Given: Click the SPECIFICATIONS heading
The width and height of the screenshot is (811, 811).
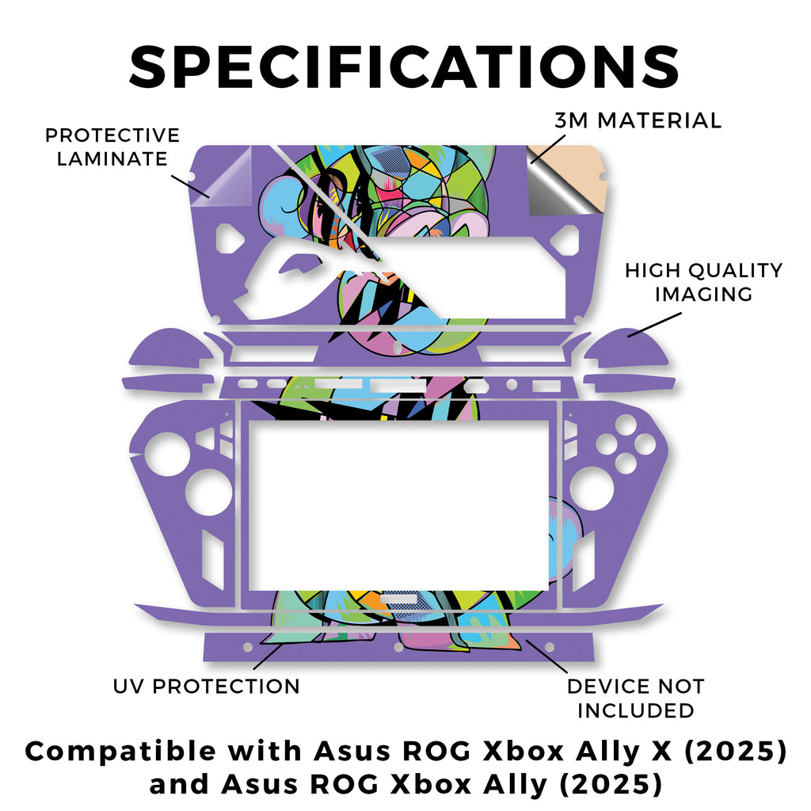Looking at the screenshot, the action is pyautogui.click(x=404, y=67).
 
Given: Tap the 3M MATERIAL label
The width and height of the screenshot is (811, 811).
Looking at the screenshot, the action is pyautogui.click(x=638, y=120).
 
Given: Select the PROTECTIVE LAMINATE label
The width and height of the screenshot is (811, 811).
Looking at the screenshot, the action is pyautogui.click(x=112, y=147).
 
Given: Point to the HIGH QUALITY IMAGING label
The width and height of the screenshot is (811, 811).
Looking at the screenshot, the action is pyautogui.click(x=703, y=282).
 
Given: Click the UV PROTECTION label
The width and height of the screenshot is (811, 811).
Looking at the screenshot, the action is pyautogui.click(x=207, y=687).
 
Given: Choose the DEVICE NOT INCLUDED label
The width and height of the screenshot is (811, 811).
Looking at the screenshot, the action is pyautogui.click(x=636, y=699).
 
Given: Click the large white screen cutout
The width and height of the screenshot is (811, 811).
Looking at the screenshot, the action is pyautogui.click(x=399, y=505).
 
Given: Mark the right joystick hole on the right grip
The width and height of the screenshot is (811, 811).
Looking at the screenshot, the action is pyautogui.click(x=591, y=487).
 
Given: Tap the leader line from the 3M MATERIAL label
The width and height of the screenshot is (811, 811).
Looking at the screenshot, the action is pyautogui.click(x=548, y=149).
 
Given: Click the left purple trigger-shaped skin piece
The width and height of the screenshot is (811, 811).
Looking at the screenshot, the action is pyautogui.click(x=171, y=348).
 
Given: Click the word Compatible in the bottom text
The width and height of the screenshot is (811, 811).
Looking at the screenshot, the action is pyautogui.click(x=120, y=752).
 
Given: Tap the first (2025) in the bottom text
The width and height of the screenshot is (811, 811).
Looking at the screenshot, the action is pyautogui.click(x=736, y=752).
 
